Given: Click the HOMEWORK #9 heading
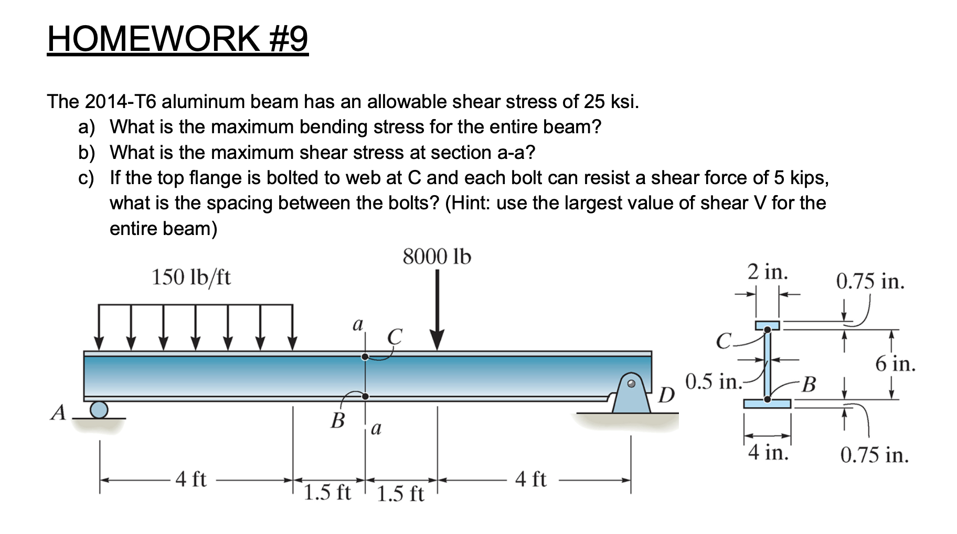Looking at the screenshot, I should click(x=177, y=39).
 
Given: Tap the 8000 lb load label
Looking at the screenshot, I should click(x=437, y=257).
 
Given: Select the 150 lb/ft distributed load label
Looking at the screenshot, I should click(x=191, y=277).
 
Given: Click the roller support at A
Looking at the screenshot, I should click(x=99, y=409).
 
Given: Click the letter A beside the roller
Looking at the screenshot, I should click(x=58, y=412).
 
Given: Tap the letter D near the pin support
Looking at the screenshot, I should click(x=666, y=395).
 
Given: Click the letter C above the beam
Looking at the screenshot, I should click(x=395, y=337).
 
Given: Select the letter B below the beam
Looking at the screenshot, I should click(x=338, y=420).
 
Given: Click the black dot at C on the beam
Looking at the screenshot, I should click(x=365, y=357).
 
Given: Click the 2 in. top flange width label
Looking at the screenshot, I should click(x=768, y=272).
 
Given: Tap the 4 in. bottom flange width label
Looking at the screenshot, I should click(x=769, y=452).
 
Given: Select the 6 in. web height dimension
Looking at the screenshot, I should click(x=895, y=364).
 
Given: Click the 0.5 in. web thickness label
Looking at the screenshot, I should click(x=713, y=382).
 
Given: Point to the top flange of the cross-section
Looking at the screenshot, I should click(x=768, y=325).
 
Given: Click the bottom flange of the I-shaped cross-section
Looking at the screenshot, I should click(x=767, y=403).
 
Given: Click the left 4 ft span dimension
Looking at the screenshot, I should click(x=191, y=479).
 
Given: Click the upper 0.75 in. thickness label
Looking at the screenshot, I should click(x=870, y=282).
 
